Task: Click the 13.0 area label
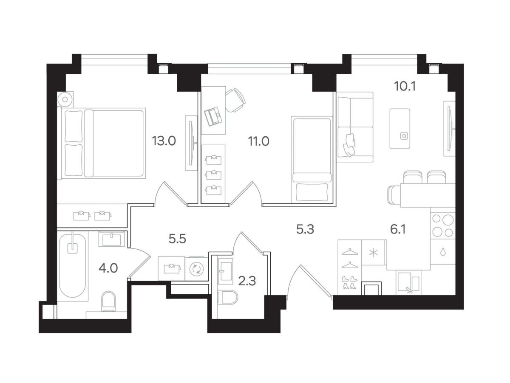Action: [164, 141]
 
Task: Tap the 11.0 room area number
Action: [258, 141]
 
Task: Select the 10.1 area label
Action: [405, 86]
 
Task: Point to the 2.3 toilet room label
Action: [247, 281]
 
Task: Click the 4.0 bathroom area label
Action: [108, 268]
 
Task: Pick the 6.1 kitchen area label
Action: [398, 230]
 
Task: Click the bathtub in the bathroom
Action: [73, 265]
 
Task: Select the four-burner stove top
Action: [443, 225]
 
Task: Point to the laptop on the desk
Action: [212, 116]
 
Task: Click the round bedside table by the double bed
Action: [65, 99]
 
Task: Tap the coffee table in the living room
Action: [400, 129]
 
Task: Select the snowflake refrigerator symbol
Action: [374, 253]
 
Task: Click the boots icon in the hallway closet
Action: [349, 282]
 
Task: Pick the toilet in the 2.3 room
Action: [228, 297]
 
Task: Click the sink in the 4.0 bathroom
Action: [112, 239]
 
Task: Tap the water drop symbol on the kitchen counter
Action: [443, 252]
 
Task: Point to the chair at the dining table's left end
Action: [394, 195]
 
